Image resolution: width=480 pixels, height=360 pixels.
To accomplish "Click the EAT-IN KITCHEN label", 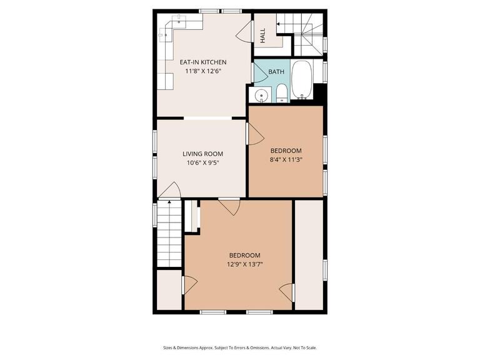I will point(202,62).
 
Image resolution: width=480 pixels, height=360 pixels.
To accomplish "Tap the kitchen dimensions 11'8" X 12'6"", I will point(202,71).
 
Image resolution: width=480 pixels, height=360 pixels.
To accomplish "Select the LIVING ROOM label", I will point(202,154).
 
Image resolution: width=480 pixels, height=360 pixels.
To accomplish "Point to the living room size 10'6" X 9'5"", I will point(202,163).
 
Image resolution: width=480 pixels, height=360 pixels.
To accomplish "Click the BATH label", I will point(276,72).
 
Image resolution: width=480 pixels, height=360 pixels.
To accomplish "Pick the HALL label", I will point(262,36).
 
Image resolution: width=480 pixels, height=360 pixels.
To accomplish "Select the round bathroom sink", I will point(261,96).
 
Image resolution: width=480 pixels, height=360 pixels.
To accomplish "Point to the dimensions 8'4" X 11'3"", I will point(286,159).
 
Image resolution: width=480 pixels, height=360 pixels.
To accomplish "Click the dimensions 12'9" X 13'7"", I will point(244,264).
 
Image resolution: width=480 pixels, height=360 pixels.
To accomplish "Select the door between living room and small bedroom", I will point(254,134).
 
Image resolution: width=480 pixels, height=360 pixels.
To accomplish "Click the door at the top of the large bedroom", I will point(229,207).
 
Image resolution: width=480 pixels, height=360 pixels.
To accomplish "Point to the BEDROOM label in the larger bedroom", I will point(244,255).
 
